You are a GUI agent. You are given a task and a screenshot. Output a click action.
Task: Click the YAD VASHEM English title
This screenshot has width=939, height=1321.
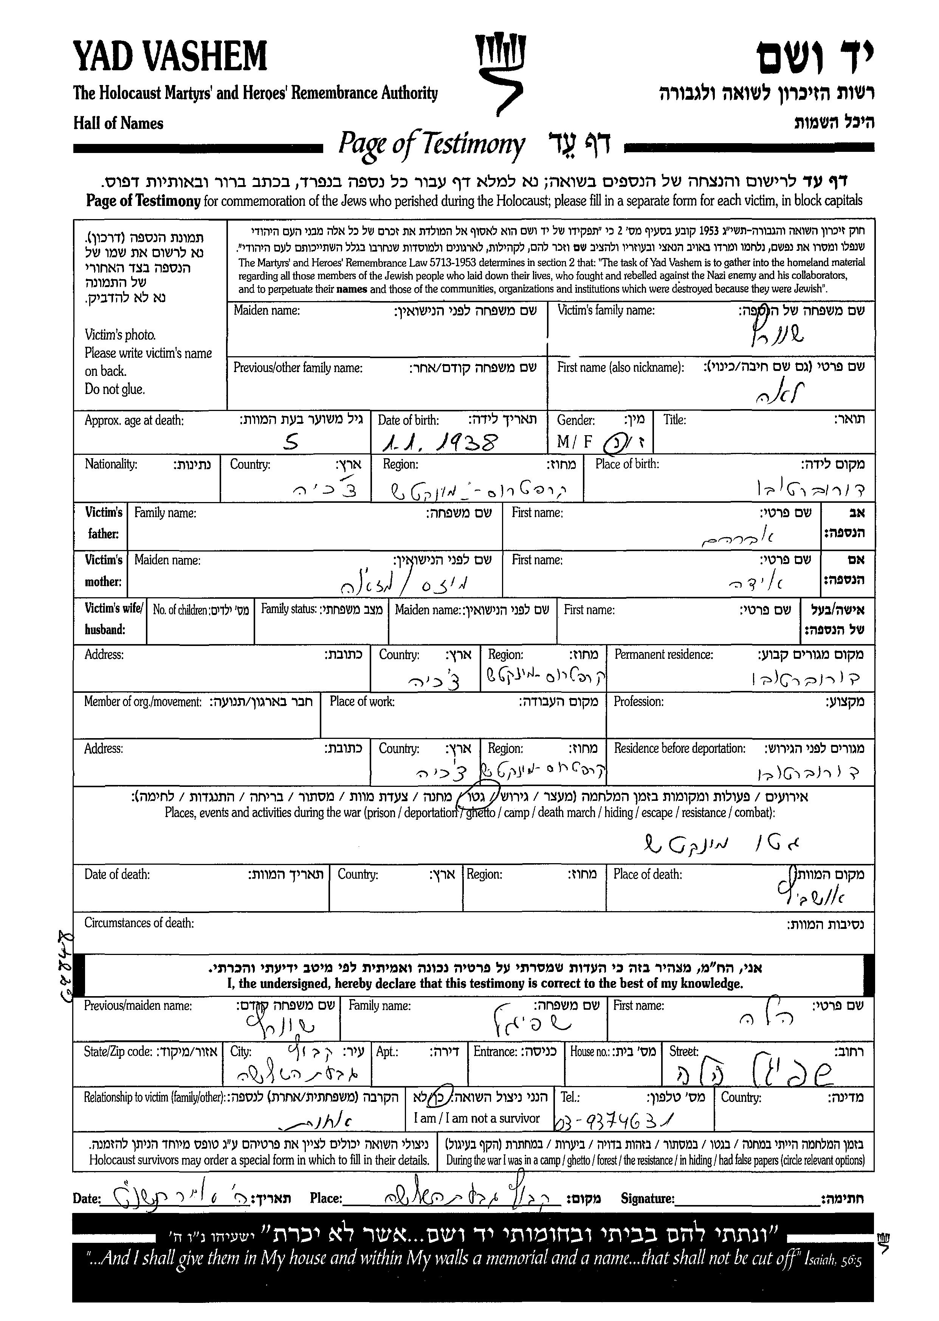170,57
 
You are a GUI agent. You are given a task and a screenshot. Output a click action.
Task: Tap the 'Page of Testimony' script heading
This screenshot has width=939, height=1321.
431,144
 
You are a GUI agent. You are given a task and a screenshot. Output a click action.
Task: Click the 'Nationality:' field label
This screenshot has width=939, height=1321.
111,464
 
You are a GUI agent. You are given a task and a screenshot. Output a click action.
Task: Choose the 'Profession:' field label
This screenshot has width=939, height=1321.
638,701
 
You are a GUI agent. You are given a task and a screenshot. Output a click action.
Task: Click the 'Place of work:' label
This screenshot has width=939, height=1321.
362,701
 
